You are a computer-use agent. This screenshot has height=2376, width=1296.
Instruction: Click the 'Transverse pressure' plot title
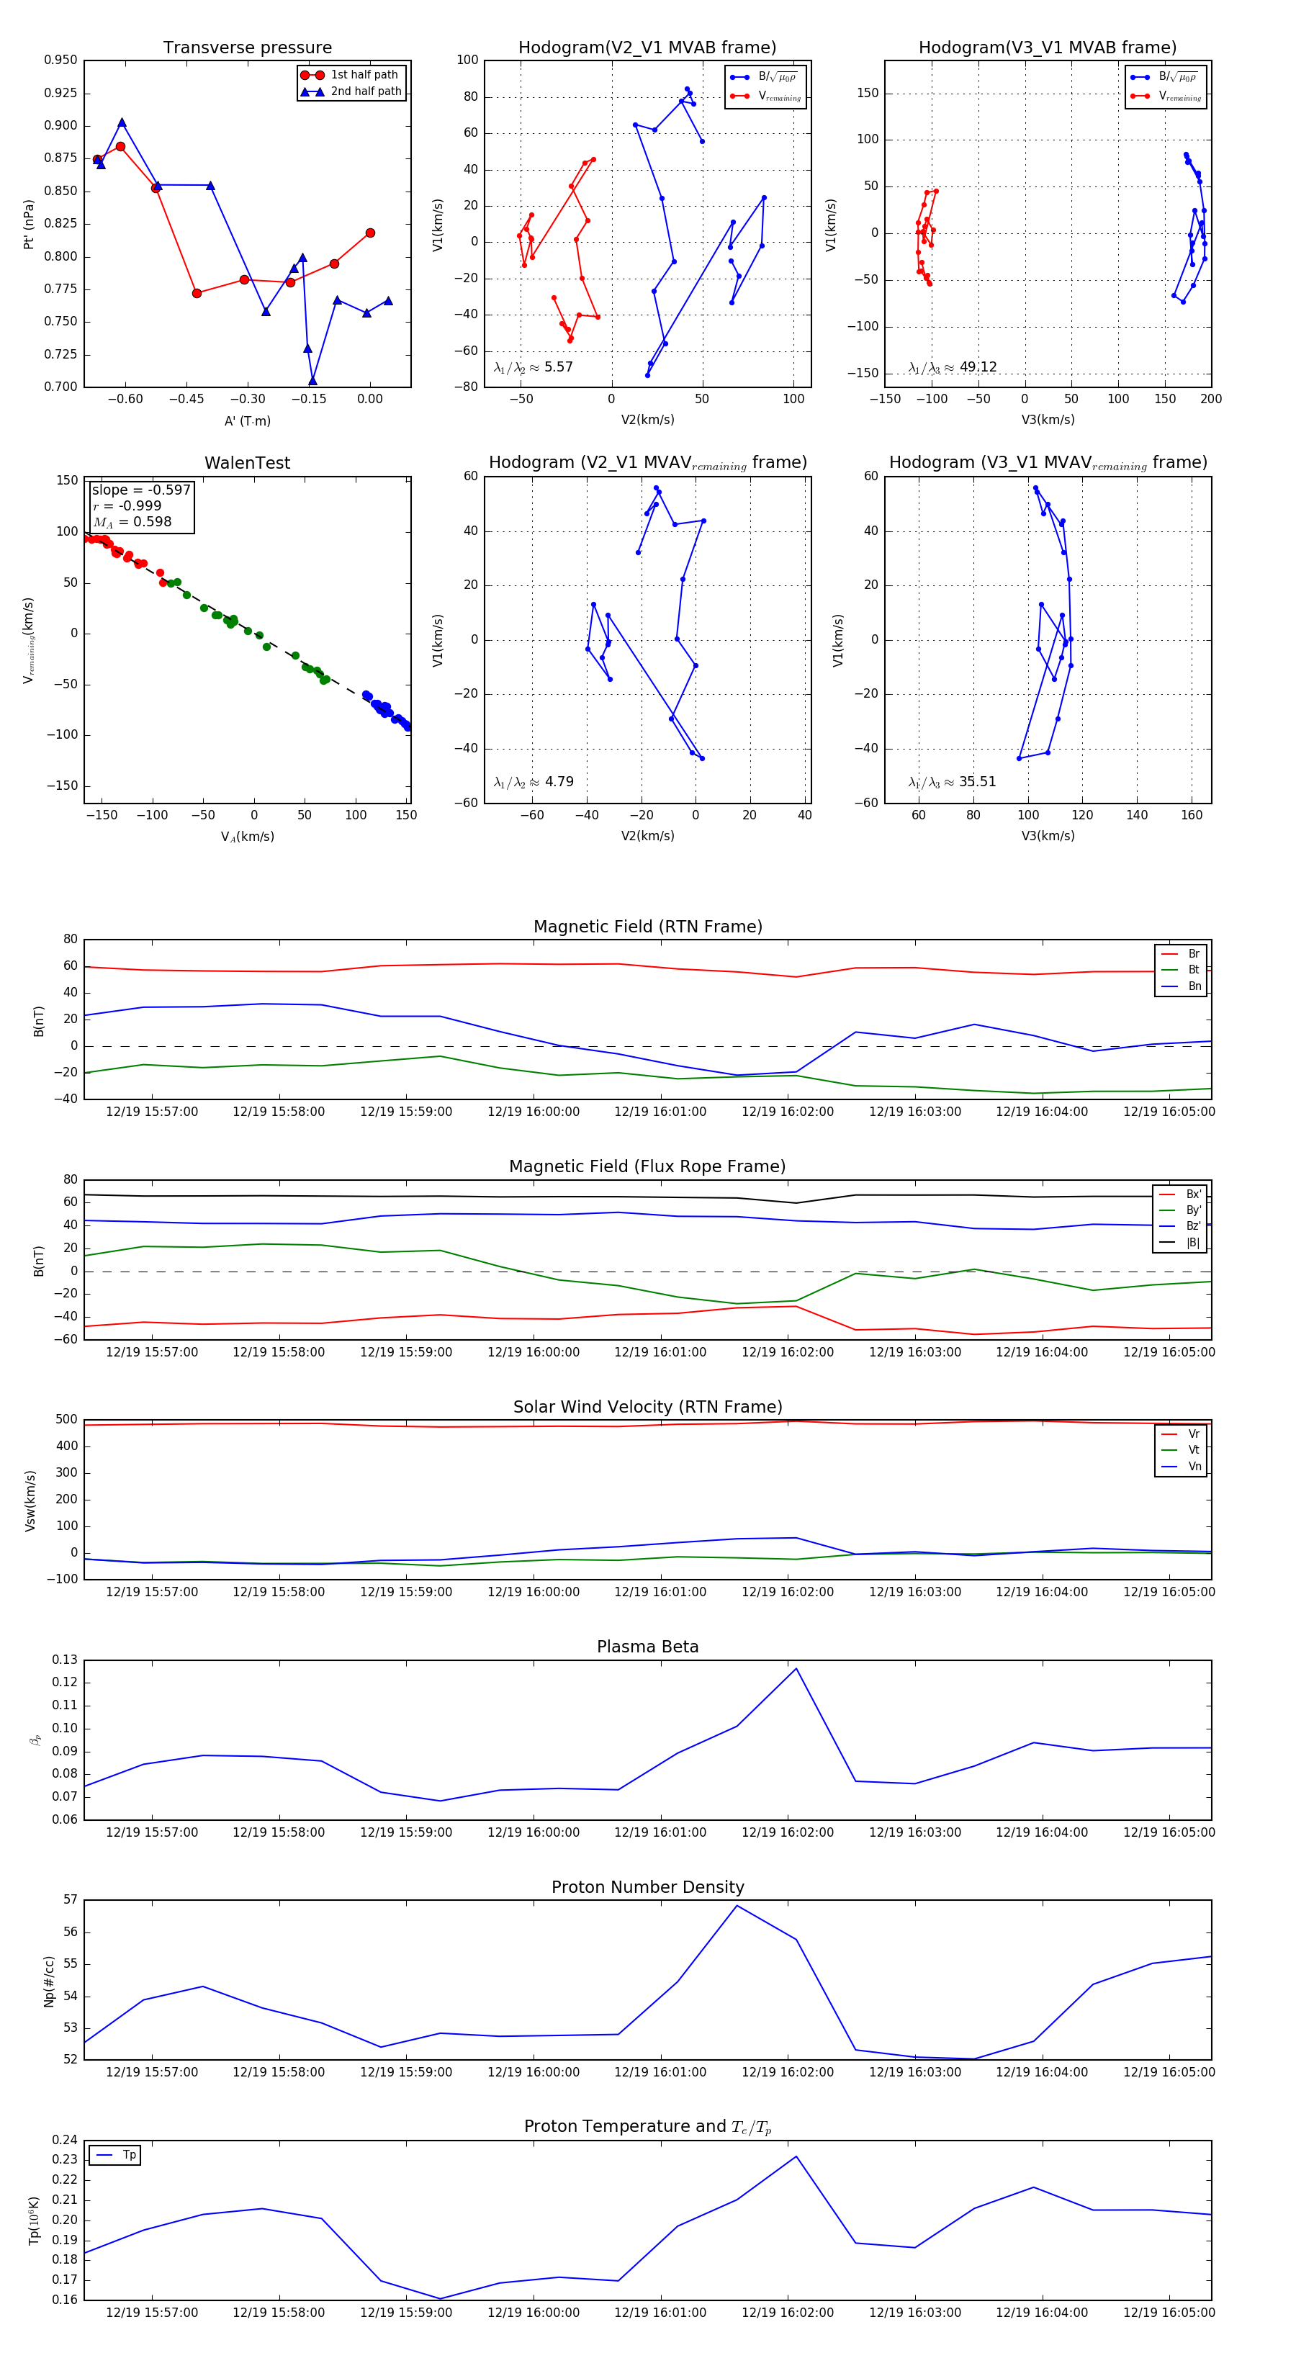[247, 48]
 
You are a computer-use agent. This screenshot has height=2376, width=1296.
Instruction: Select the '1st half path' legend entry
[364, 75]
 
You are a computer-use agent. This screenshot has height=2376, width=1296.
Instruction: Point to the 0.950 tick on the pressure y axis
[61, 60]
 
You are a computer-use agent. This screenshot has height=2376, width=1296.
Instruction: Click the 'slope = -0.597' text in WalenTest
[141, 490]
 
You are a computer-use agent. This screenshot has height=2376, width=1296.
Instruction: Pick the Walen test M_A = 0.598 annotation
[132, 522]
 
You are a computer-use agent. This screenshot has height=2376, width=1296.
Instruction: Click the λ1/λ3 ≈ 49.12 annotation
[952, 367]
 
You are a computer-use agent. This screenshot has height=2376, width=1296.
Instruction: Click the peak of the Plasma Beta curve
[796, 1668]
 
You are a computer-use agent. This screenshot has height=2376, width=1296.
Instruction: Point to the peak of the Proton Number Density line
[736, 1906]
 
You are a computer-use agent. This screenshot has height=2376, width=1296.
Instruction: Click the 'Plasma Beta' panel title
[647, 1647]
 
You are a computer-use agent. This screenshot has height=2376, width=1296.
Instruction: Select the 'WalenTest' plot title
[247, 463]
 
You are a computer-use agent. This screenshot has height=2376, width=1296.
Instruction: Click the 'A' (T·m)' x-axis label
[247, 420]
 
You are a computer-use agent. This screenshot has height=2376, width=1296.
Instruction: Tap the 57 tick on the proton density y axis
[70, 1899]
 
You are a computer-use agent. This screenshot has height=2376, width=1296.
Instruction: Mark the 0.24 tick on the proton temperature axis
[65, 2140]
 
